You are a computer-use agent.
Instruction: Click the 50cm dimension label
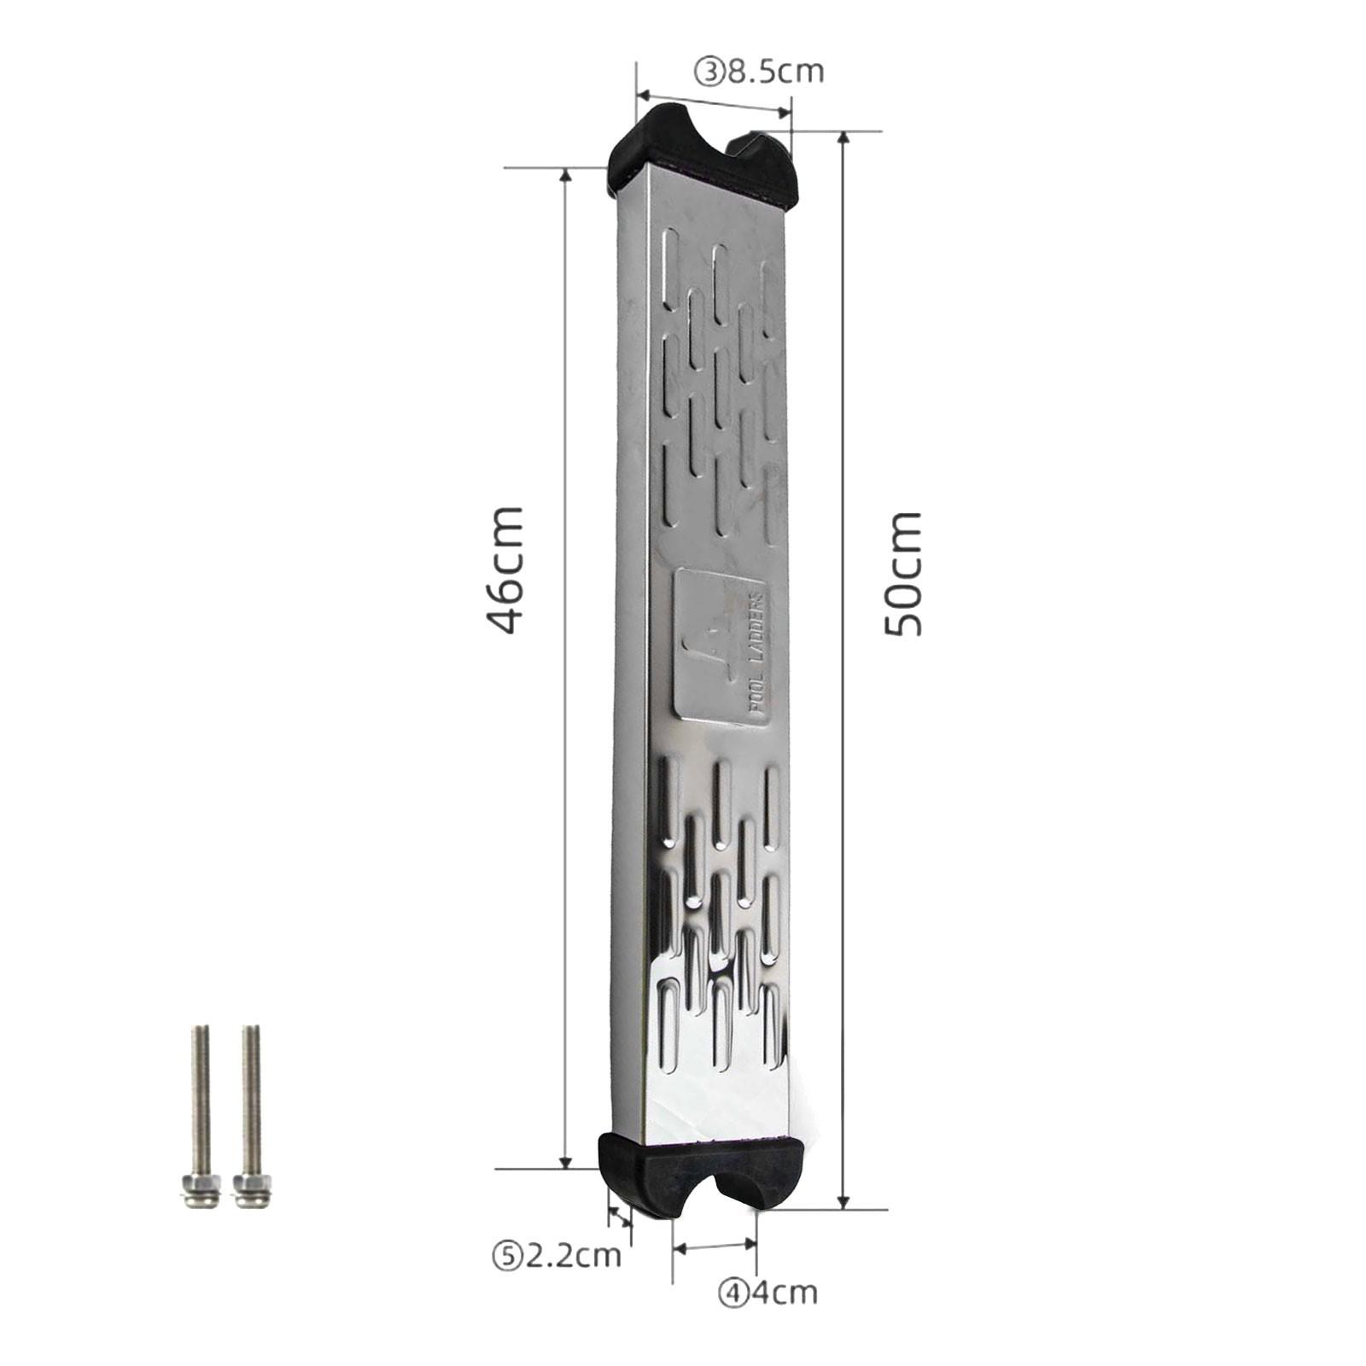(x=903, y=574)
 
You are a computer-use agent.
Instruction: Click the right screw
(x=250, y=1110)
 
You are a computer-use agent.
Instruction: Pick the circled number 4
(x=732, y=1293)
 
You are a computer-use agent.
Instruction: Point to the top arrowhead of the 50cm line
(x=844, y=138)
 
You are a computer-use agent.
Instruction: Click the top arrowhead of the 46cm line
(x=564, y=175)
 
